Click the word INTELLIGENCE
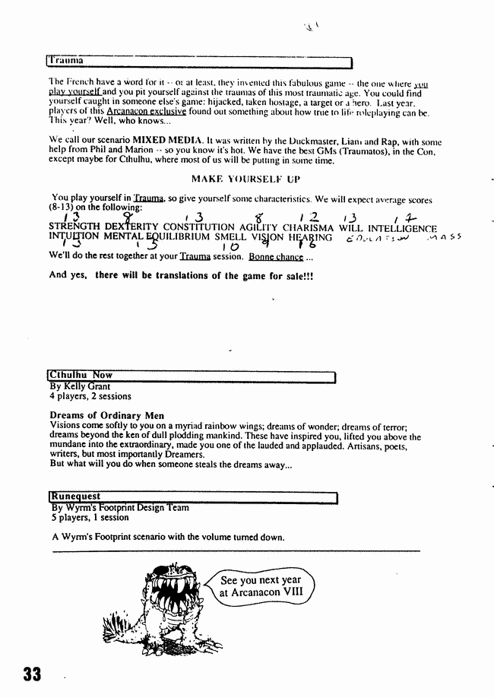click(x=401, y=227)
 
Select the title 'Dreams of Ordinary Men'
click(x=107, y=416)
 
